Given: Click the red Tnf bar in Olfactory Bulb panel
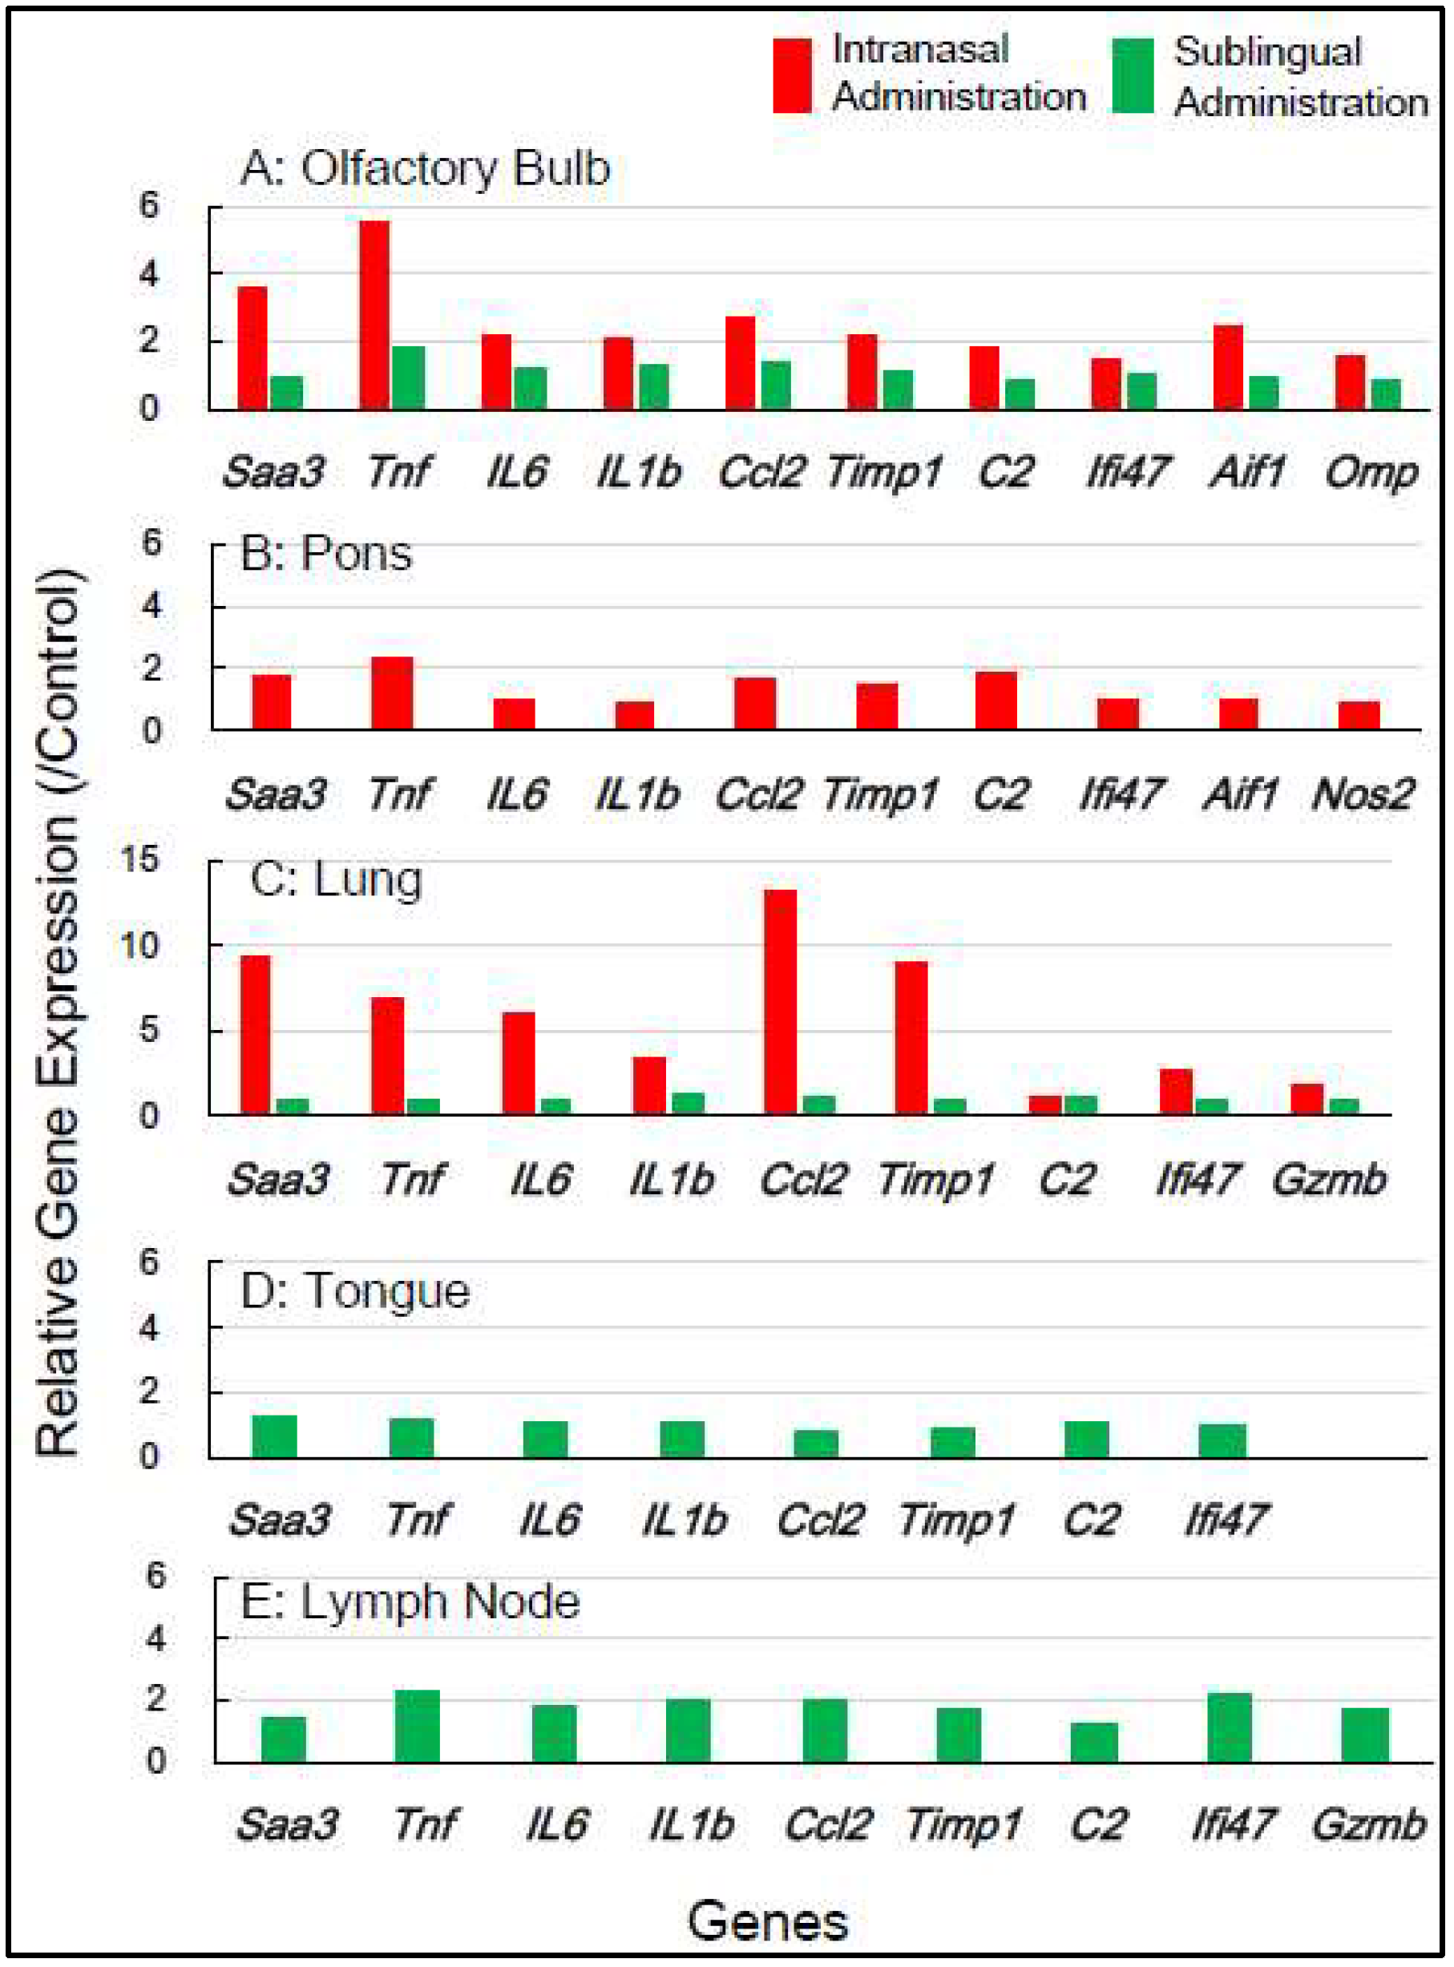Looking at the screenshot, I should pyautogui.click(x=375, y=315).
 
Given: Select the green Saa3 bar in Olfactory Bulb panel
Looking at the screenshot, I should pyautogui.click(x=287, y=393).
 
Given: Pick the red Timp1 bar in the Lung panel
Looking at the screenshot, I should pyautogui.click(x=912, y=1038).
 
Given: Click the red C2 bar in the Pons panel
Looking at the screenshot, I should pyautogui.click(x=996, y=701).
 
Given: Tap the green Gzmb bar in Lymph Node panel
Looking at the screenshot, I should pyautogui.click(x=1365, y=1735).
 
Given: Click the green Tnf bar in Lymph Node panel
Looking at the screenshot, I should pyautogui.click(x=417, y=1726).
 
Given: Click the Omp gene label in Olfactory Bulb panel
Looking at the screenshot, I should pyautogui.click(x=1371, y=473).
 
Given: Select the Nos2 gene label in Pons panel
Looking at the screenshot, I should pyautogui.click(x=1363, y=794).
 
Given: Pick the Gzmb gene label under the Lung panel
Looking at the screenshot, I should pyautogui.click(x=1329, y=1179).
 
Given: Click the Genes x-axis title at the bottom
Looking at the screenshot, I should pyautogui.click(x=768, y=1921).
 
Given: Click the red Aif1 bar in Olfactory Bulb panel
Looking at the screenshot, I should pyautogui.click(x=1228, y=367).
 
